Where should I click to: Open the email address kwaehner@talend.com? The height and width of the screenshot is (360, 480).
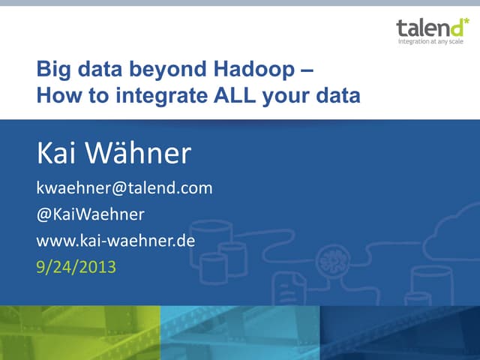(x=124, y=188)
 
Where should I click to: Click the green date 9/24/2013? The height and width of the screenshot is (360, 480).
(x=76, y=266)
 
